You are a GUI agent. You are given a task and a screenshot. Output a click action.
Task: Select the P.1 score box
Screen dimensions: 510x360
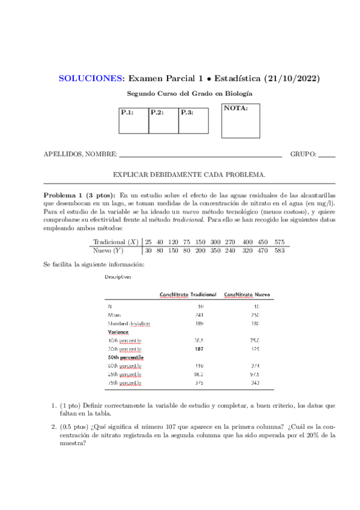(x=133, y=120)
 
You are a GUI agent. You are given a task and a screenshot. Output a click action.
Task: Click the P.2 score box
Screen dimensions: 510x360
(x=163, y=120)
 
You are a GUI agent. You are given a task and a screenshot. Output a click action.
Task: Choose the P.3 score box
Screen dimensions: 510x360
(x=194, y=120)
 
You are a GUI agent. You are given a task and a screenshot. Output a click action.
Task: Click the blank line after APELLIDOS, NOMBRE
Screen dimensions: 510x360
(x=200, y=155)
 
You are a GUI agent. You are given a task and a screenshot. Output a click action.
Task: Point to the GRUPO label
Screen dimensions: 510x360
(x=303, y=155)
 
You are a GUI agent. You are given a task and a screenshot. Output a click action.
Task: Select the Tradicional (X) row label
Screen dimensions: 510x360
(x=116, y=242)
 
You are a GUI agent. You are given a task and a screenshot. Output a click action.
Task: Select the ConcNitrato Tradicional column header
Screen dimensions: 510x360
(x=188, y=294)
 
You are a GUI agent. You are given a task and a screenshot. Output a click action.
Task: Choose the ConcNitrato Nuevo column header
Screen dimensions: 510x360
(x=247, y=294)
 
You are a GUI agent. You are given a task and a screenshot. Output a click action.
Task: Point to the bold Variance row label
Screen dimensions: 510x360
(x=118, y=332)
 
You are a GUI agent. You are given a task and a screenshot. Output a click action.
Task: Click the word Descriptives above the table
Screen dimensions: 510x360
(x=118, y=277)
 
